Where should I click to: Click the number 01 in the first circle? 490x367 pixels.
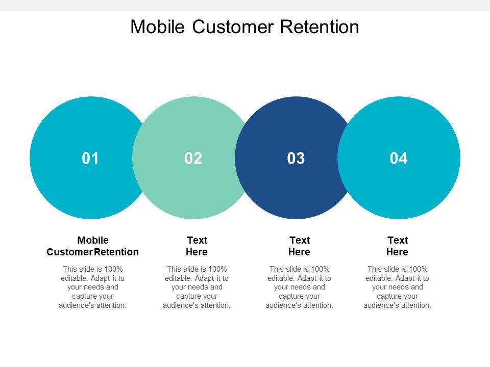coord(90,159)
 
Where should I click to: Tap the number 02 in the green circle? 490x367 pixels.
coord(193,159)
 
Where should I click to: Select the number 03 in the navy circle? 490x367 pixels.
coord(296,159)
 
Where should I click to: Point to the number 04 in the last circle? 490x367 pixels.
coord(399,159)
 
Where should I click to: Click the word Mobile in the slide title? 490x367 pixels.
coord(158,27)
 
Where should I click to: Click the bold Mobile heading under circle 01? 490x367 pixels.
coord(93,240)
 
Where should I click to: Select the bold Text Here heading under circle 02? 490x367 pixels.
coord(197,246)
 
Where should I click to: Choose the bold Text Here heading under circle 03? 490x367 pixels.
coord(300,246)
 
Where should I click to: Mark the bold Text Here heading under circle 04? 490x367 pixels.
coord(398,246)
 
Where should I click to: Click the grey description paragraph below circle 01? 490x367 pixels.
coord(93,287)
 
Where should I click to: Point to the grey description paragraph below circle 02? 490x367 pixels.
coord(197,287)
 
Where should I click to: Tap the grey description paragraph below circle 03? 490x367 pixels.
coord(300,287)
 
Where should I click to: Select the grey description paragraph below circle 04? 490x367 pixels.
coord(398,287)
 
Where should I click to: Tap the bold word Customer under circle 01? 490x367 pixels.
coord(69,252)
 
